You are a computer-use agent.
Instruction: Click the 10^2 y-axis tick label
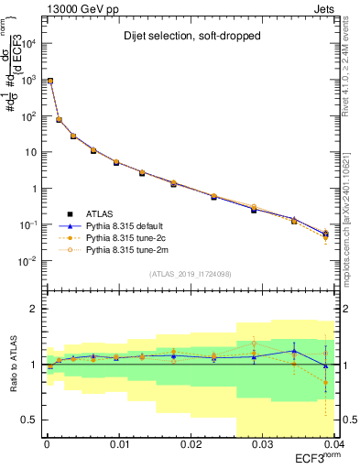pos(29,116)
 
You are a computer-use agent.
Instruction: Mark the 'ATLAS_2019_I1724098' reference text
pos(190,274)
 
